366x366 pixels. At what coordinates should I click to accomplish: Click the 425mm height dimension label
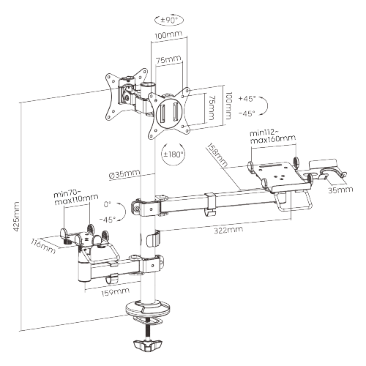click(x=16, y=217)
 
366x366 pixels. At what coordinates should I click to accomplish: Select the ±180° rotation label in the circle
click(x=173, y=154)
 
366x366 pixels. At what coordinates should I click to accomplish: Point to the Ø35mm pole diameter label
click(x=124, y=173)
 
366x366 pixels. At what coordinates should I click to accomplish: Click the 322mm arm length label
click(x=228, y=230)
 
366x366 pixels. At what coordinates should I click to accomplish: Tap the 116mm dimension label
click(x=43, y=246)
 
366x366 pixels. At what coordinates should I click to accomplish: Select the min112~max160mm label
click(x=272, y=137)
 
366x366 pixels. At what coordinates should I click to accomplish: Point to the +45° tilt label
click(x=247, y=98)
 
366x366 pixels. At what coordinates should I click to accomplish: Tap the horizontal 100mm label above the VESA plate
click(x=168, y=34)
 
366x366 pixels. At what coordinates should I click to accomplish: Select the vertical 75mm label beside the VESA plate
click(x=212, y=108)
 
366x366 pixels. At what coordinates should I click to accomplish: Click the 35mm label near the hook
click(x=340, y=190)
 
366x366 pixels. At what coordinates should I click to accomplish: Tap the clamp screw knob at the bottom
click(x=147, y=345)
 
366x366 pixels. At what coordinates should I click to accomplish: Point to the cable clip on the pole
click(x=153, y=238)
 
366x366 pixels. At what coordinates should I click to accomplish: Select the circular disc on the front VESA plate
click(x=168, y=112)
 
